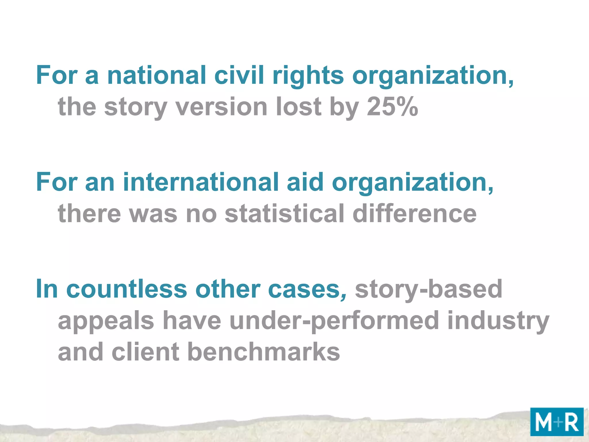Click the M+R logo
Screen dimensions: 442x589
(557, 422)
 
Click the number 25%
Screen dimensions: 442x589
(392, 107)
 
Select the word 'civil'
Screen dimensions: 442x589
(239, 75)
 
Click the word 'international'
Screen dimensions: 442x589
(201, 182)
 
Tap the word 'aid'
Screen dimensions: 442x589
(305, 182)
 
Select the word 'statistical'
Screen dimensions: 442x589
(284, 214)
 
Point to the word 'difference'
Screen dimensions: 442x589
(414, 214)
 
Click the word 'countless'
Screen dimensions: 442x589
(127, 289)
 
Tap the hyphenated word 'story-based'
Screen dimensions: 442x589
(429, 289)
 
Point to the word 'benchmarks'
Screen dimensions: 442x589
(264, 352)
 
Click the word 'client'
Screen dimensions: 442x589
(146, 352)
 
